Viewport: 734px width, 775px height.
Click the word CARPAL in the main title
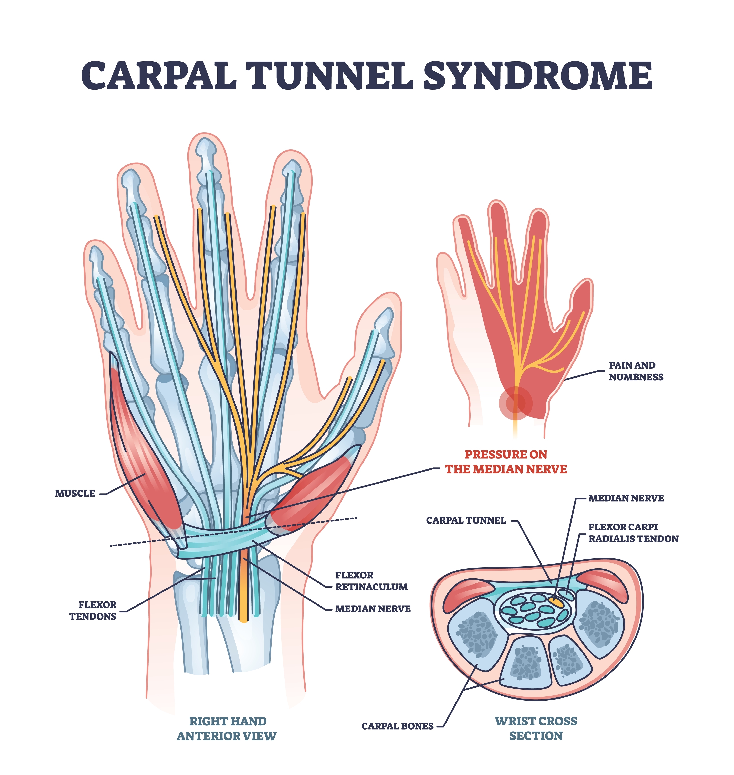158,75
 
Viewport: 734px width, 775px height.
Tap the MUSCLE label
75,494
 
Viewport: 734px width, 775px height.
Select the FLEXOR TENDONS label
93,611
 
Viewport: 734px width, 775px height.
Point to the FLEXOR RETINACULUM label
371,581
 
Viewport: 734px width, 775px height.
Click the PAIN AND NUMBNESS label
636,371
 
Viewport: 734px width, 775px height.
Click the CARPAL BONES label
397,726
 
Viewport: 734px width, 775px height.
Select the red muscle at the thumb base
313,493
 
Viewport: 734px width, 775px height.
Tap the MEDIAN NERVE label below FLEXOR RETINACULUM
373,609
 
